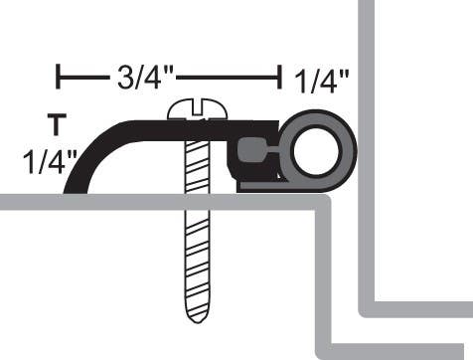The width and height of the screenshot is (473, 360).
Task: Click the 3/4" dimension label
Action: point(146,77)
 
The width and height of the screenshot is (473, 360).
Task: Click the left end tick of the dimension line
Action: point(59,76)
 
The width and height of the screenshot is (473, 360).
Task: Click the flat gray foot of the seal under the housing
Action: point(288,185)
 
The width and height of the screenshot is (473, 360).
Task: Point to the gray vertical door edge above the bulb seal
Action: point(367,50)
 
